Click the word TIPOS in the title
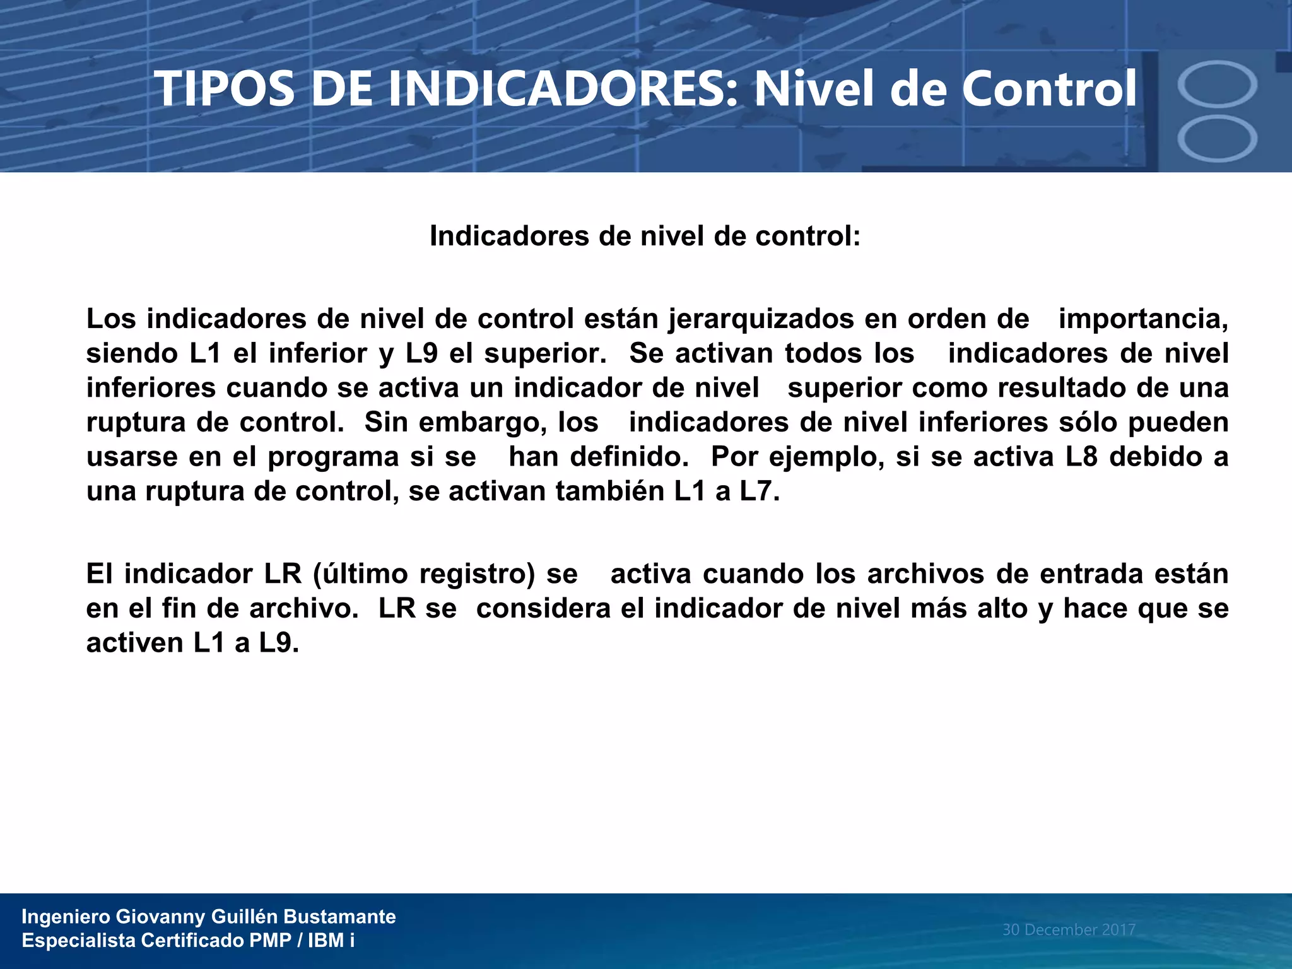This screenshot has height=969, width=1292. (225, 89)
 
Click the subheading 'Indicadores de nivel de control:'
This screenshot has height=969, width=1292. (645, 237)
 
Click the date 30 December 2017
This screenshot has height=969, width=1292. (1069, 930)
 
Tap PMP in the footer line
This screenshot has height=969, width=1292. (270, 941)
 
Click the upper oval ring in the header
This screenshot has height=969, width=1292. (1217, 84)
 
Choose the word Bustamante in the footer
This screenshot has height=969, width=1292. (339, 917)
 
